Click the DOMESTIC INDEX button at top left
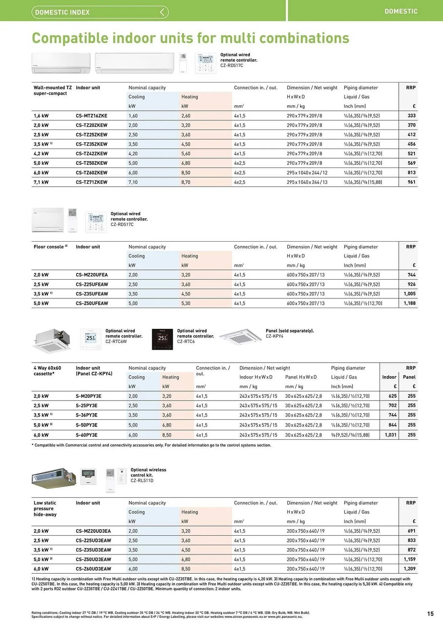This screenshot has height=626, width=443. [100, 12]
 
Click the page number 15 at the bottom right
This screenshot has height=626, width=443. [430, 613]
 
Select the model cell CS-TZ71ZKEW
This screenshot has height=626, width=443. [91, 182]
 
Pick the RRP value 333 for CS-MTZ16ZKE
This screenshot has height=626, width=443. [411, 116]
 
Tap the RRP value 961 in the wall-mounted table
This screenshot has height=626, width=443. [411, 182]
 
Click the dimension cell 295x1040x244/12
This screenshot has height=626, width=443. [307, 173]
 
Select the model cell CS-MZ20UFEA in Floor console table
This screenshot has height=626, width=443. [91, 275]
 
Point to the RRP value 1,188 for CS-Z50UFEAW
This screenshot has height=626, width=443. [409, 303]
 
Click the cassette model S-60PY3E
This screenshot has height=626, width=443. [86, 435]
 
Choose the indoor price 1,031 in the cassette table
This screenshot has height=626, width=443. [390, 435]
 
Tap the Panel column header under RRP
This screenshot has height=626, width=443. [409, 377]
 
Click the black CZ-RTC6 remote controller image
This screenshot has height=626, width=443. [162, 339]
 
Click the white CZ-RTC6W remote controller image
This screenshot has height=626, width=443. [91, 339]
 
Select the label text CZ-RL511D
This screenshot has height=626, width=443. [142, 480]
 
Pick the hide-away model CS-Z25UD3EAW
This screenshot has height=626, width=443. [93, 541]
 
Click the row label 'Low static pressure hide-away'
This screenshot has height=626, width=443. [45, 509]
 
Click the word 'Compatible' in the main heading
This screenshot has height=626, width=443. [70, 38]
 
